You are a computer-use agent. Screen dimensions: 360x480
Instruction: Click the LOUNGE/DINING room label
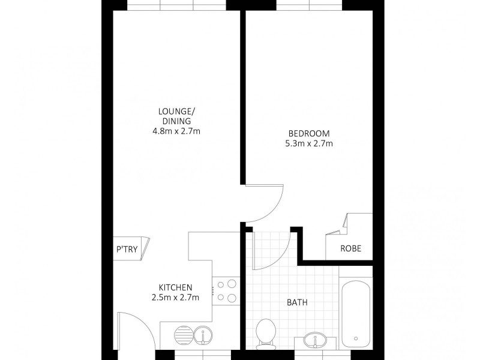coord(175,116)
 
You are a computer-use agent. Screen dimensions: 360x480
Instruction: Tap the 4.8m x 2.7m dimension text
coord(175,130)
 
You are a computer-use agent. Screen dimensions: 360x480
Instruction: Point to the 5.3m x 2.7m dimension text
coord(309,143)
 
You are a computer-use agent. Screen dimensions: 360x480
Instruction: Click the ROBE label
coord(350,248)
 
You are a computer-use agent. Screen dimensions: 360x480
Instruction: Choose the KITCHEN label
coord(175,287)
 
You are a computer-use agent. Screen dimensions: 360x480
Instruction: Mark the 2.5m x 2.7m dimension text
coord(175,297)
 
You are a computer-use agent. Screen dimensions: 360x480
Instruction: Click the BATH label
coord(298,303)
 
